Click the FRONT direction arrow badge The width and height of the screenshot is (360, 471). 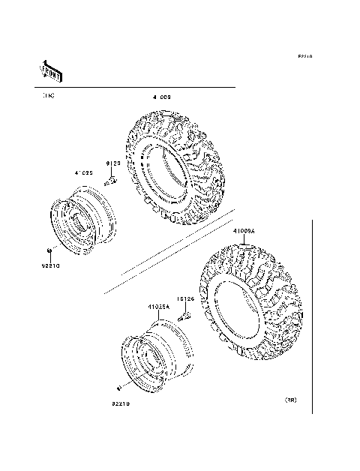[x=49, y=70]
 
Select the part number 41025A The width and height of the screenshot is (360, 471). [x=158, y=306]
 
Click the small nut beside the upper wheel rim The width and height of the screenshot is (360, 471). [x=49, y=250]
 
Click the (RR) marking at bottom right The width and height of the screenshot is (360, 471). [x=290, y=400]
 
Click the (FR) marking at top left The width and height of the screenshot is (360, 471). [x=48, y=96]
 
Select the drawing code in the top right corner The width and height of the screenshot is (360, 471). [x=304, y=57]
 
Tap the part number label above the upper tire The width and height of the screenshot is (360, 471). [x=162, y=97]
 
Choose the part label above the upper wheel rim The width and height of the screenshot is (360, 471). [x=83, y=172]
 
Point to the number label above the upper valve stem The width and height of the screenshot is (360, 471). [x=112, y=163]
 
